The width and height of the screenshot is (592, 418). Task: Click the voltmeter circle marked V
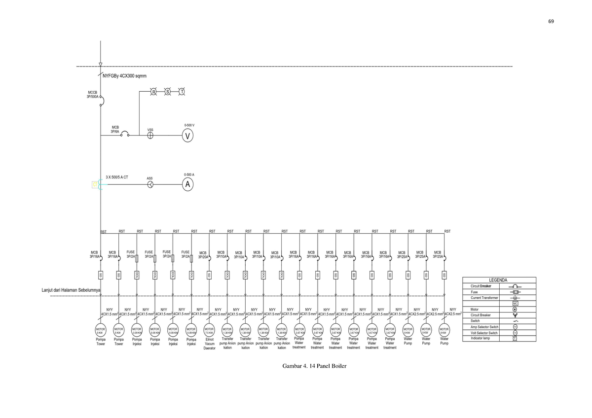[x=187, y=137]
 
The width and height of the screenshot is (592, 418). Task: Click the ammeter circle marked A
[x=187, y=184]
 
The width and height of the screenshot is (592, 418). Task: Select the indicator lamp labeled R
[x=153, y=92]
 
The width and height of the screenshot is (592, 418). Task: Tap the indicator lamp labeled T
[x=182, y=92]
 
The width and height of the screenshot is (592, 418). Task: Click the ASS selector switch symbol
[x=150, y=184]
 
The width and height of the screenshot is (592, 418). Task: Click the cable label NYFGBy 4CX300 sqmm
[x=124, y=76]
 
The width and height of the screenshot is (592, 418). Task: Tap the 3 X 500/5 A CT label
[x=117, y=176]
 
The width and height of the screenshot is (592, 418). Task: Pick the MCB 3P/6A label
[x=115, y=130]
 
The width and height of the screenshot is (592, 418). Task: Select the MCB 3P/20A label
[x=203, y=254]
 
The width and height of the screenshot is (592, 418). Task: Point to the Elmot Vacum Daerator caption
[x=209, y=344]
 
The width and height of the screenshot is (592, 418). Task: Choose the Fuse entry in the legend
[x=474, y=292]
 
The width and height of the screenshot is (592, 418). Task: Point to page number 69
[x=551, y=21]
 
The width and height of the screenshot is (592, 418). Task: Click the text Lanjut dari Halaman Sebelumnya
[x=71, y=290]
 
